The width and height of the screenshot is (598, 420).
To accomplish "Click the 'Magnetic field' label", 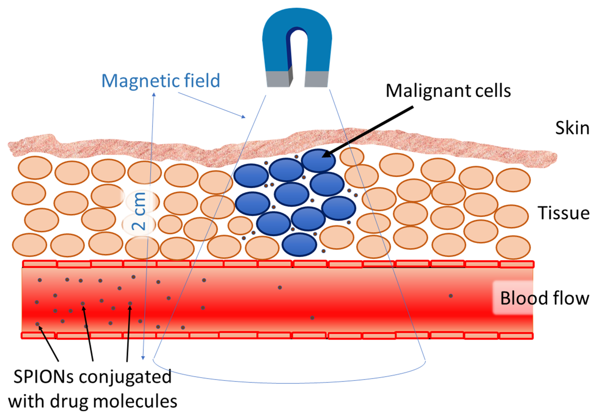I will point(161,81).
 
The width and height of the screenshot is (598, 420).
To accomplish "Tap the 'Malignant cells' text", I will point(448,91).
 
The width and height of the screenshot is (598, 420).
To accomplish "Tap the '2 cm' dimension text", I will point(139,211).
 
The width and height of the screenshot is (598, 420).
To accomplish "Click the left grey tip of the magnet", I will point(278,79).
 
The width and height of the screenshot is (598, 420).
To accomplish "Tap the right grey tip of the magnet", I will point(316,79).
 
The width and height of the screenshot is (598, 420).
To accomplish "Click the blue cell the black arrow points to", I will point(318,160).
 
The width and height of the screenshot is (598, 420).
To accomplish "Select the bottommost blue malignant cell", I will point(299,244).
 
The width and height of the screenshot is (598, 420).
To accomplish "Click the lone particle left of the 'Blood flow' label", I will point(451,296).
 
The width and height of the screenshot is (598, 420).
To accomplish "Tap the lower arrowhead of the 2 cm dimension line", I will point(143,358).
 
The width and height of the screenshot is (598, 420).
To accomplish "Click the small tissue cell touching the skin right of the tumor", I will point(352,156).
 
